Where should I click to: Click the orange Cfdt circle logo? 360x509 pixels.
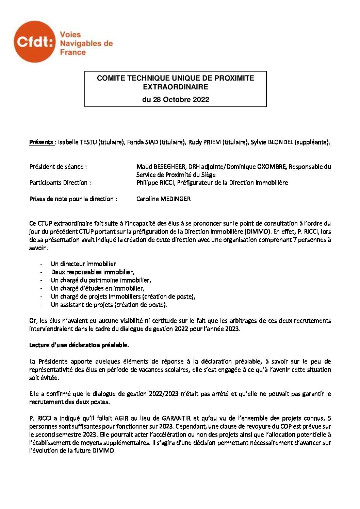tap(34, 42)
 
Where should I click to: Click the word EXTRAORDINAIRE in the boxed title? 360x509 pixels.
tap(175, 87)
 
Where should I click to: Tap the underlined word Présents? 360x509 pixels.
tap(41, 142)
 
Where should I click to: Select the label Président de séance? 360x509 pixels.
tap(58, 167)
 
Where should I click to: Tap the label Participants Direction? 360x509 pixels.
tap(60, 183)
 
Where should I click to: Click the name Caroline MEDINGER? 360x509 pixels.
tap(163, 199)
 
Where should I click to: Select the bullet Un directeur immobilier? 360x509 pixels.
tap(83, 264)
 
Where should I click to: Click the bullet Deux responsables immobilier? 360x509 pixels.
tap(93, 272)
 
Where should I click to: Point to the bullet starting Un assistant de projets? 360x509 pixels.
tap(109, 305)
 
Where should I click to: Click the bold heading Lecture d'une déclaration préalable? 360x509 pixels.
tap(79, 345)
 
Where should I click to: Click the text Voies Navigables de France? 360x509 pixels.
tap(86, 44)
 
